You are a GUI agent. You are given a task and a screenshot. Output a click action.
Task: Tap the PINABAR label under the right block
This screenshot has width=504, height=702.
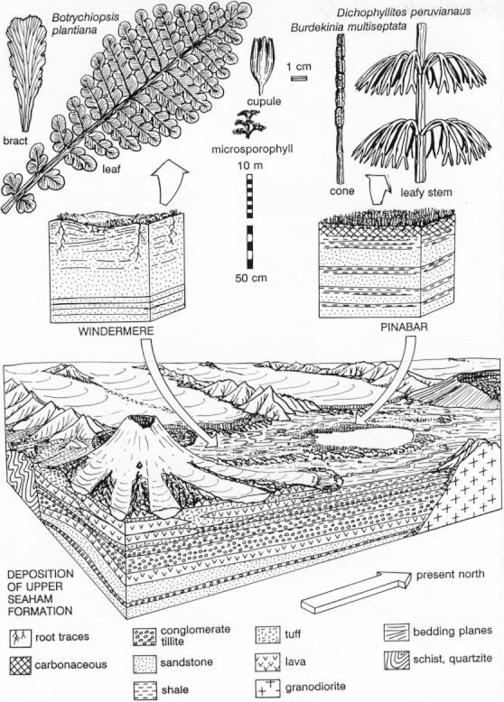(x=404, y=327)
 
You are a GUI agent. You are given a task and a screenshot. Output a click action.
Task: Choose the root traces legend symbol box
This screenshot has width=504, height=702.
(x=20, y=638)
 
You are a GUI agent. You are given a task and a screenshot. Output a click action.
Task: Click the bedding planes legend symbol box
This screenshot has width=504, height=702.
(x=397, y=633)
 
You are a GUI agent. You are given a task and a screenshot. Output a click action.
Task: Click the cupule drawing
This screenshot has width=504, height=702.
(x=263, y=65)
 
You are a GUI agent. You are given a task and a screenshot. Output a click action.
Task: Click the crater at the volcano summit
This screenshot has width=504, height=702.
(x=144, y=421)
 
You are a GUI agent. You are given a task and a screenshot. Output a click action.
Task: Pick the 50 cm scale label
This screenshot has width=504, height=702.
(x=251, y=278)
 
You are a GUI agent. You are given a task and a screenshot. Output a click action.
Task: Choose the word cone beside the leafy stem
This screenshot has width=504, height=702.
(x=342, y=191)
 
